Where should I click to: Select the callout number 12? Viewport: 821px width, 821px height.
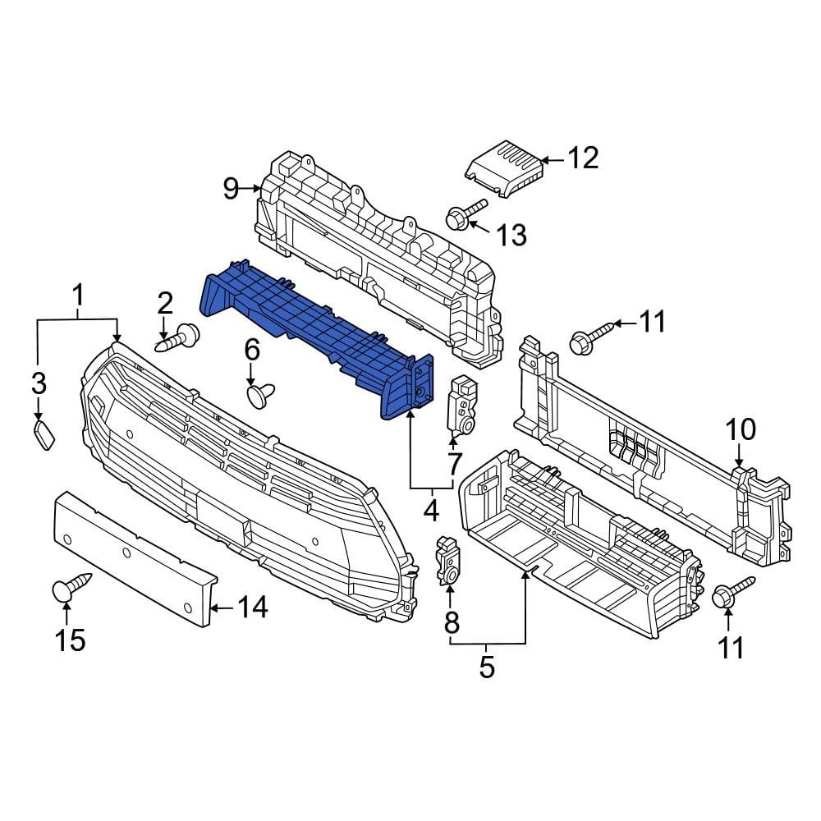584,158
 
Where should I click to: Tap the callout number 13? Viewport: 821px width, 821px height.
511,236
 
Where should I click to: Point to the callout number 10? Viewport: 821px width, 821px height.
740,429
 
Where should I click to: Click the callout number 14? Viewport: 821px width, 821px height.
252,608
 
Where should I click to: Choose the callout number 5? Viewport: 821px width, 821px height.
487,667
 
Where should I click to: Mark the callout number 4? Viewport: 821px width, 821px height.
431,511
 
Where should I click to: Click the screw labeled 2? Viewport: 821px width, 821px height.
180,337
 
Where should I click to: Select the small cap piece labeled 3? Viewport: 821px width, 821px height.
44,434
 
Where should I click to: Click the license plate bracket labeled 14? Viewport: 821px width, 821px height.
131,554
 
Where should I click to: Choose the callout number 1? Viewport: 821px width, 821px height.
79,294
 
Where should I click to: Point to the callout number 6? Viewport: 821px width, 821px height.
251,351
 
